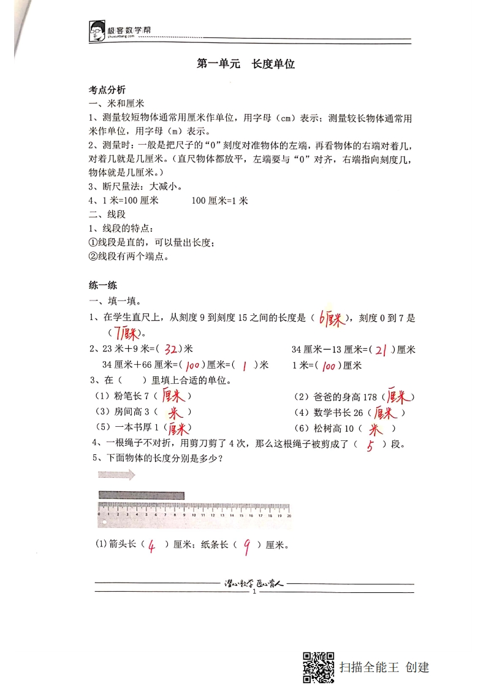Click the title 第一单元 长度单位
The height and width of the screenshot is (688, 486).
coord(246,64)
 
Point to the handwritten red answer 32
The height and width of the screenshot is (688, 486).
coord(171,350)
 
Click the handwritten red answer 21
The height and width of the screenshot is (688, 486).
coord(381,350)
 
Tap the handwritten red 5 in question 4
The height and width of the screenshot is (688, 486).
coord(370,446)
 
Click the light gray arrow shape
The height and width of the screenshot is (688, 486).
coord(117,475)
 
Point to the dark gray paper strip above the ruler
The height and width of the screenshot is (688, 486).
coord(141,495)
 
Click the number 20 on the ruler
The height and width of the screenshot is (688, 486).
coord(289,516)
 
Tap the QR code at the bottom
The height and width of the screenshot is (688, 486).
coord(319,667)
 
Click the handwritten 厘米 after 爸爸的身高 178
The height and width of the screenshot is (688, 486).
coord(398,397)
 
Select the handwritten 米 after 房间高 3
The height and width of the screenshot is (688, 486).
coord(175,413)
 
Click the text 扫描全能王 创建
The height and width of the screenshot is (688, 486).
coord(384,667)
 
